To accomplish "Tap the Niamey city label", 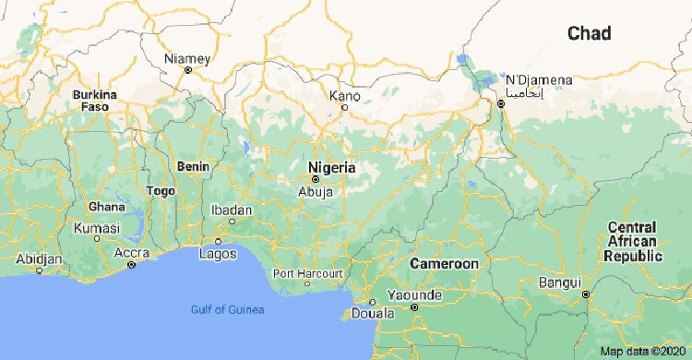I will pos(187,59).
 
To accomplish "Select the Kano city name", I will pos(345,95).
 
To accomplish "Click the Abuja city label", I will pos(315,191).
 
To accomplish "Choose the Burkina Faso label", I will pos(95,101).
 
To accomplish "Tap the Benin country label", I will pos(193,167).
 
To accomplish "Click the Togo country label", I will pos(161,190).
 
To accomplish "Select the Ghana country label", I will pos(105,207).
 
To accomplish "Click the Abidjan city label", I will pos(39,259).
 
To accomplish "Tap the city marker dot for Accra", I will pos(131,265).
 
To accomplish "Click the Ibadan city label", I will pos(232,211).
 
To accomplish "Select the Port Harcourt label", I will pos(308,273).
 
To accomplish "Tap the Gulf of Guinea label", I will pos(227,309).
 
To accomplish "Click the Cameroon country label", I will pos(445,264).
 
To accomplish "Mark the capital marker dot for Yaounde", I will pos(414,307).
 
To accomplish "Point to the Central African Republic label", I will pos(632,242).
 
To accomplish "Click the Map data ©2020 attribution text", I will pos(643,351).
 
